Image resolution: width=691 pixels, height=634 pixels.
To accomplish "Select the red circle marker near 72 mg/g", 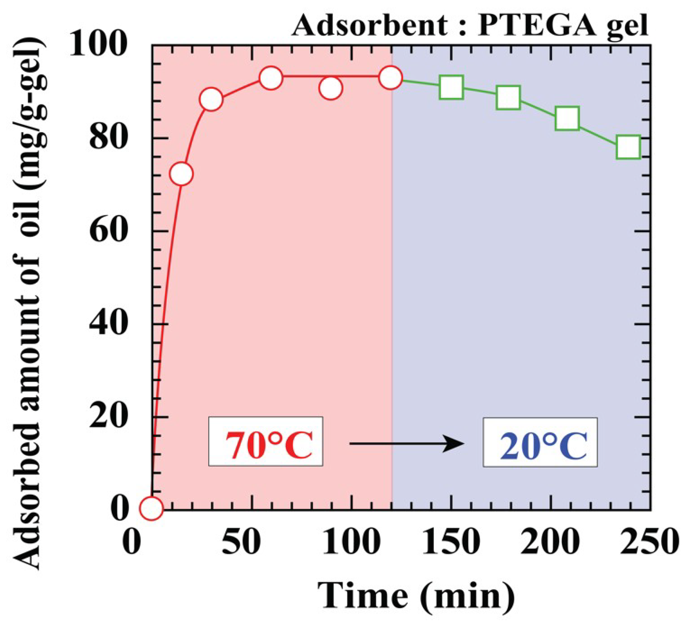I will [181, 174].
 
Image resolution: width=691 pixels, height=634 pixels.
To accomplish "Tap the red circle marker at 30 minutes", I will [211, 99].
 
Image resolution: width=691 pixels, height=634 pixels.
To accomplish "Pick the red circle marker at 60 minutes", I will [271, 78].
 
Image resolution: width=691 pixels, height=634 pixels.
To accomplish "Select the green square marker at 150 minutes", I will [451, 87].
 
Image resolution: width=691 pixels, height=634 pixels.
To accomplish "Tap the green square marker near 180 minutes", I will [508, 98].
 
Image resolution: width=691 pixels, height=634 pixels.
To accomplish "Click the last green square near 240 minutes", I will [628, 147].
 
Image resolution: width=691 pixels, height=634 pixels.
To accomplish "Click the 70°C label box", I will [266, 441].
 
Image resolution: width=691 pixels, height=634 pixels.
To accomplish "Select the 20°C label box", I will [541, 442].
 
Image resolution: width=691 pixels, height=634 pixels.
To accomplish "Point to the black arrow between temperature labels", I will [407, 444].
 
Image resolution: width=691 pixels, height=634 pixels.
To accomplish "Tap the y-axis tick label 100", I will [97, 45].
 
